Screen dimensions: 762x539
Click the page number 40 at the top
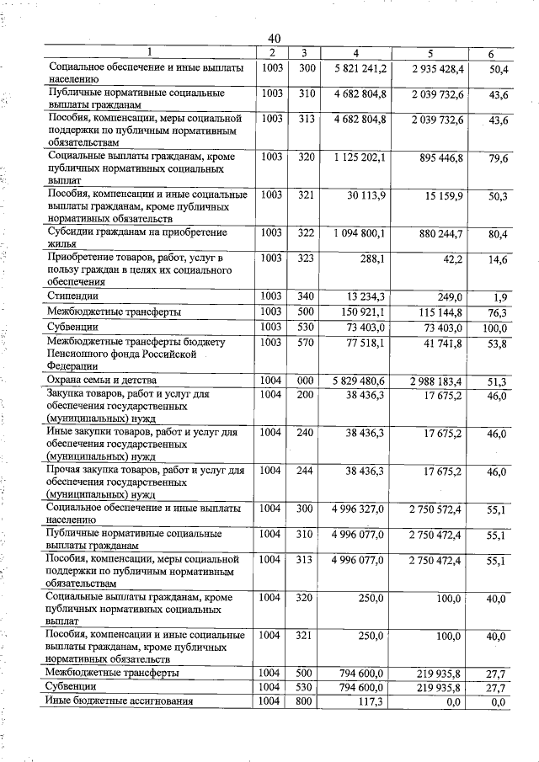coord(275,39)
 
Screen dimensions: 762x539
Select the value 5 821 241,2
coord(360,67)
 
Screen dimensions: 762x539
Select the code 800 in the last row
coord(306,701)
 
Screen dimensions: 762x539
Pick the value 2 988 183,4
coord(435,381)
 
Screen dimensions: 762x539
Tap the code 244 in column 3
coord(306,470)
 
